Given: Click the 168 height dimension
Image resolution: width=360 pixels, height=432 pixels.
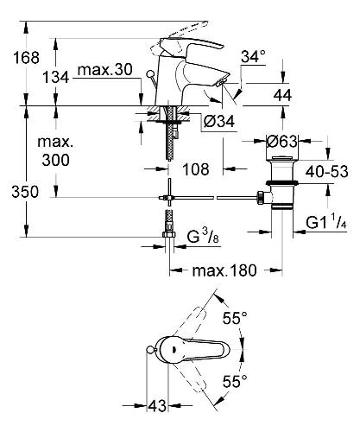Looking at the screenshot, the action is click(x=26, y=58).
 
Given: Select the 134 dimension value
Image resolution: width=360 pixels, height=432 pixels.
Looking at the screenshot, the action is click(x=56, y=78).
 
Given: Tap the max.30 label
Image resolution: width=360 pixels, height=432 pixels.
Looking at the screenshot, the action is click(x=105, y=70).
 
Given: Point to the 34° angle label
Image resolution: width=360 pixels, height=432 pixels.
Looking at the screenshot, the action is click(x=253, y=56).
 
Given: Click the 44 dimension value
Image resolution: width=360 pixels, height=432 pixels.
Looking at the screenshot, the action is click(x=282, y=95).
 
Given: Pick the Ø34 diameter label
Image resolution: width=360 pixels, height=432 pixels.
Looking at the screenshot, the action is click(x=219, y=122).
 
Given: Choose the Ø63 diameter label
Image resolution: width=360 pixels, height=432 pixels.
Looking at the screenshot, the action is click(x=281, y=141).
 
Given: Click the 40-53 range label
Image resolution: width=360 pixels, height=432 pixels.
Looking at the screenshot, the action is click(x=326, y=172).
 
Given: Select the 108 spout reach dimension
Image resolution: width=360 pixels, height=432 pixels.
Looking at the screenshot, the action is click(x=196, y=169).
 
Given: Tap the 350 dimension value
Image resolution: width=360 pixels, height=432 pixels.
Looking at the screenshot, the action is click(x=25, y=192).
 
